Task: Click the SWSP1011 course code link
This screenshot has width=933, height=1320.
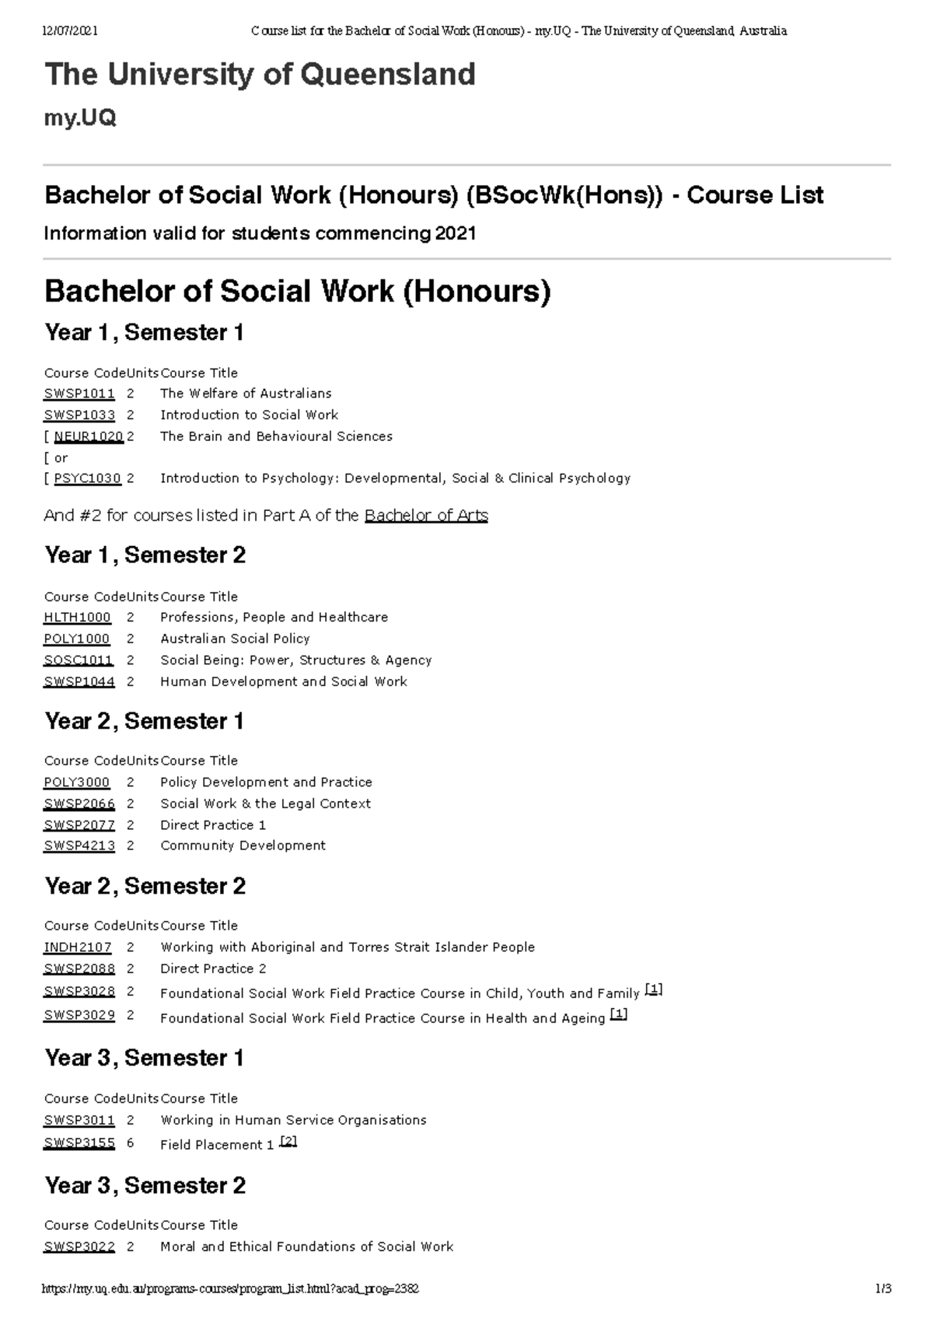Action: tap(79, 394)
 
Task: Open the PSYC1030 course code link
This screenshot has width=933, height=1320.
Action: tap(87, 478)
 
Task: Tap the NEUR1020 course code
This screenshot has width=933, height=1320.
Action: tap(89, 436)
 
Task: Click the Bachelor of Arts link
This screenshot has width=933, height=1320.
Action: tap(426, 515)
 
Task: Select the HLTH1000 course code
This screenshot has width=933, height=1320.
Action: tap(77, 617)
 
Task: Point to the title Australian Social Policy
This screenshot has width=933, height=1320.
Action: tap(235, 639)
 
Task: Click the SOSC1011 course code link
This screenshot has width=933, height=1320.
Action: tap(79, 660)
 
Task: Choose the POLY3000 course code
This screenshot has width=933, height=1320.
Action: tap(77, 782)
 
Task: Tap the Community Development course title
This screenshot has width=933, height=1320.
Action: tap(243, 846)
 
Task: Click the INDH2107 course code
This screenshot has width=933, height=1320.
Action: tap(78, 947)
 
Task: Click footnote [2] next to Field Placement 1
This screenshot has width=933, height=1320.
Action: tap(288, 1141)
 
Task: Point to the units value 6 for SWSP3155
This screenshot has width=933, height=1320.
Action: tap(130, 1143)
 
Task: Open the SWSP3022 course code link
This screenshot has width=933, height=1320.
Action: tap(79, 1246)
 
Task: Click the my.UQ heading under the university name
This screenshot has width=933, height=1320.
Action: tap(81, 118)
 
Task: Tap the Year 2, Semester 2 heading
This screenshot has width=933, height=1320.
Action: tap(145, 886)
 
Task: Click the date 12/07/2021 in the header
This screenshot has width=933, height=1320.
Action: tap(70, 31)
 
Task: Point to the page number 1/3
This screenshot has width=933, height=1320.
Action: tap(882, 1288)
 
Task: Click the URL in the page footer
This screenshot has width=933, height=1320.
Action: tap(231, 1288)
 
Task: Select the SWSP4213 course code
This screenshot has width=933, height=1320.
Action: tap(79, 846)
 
